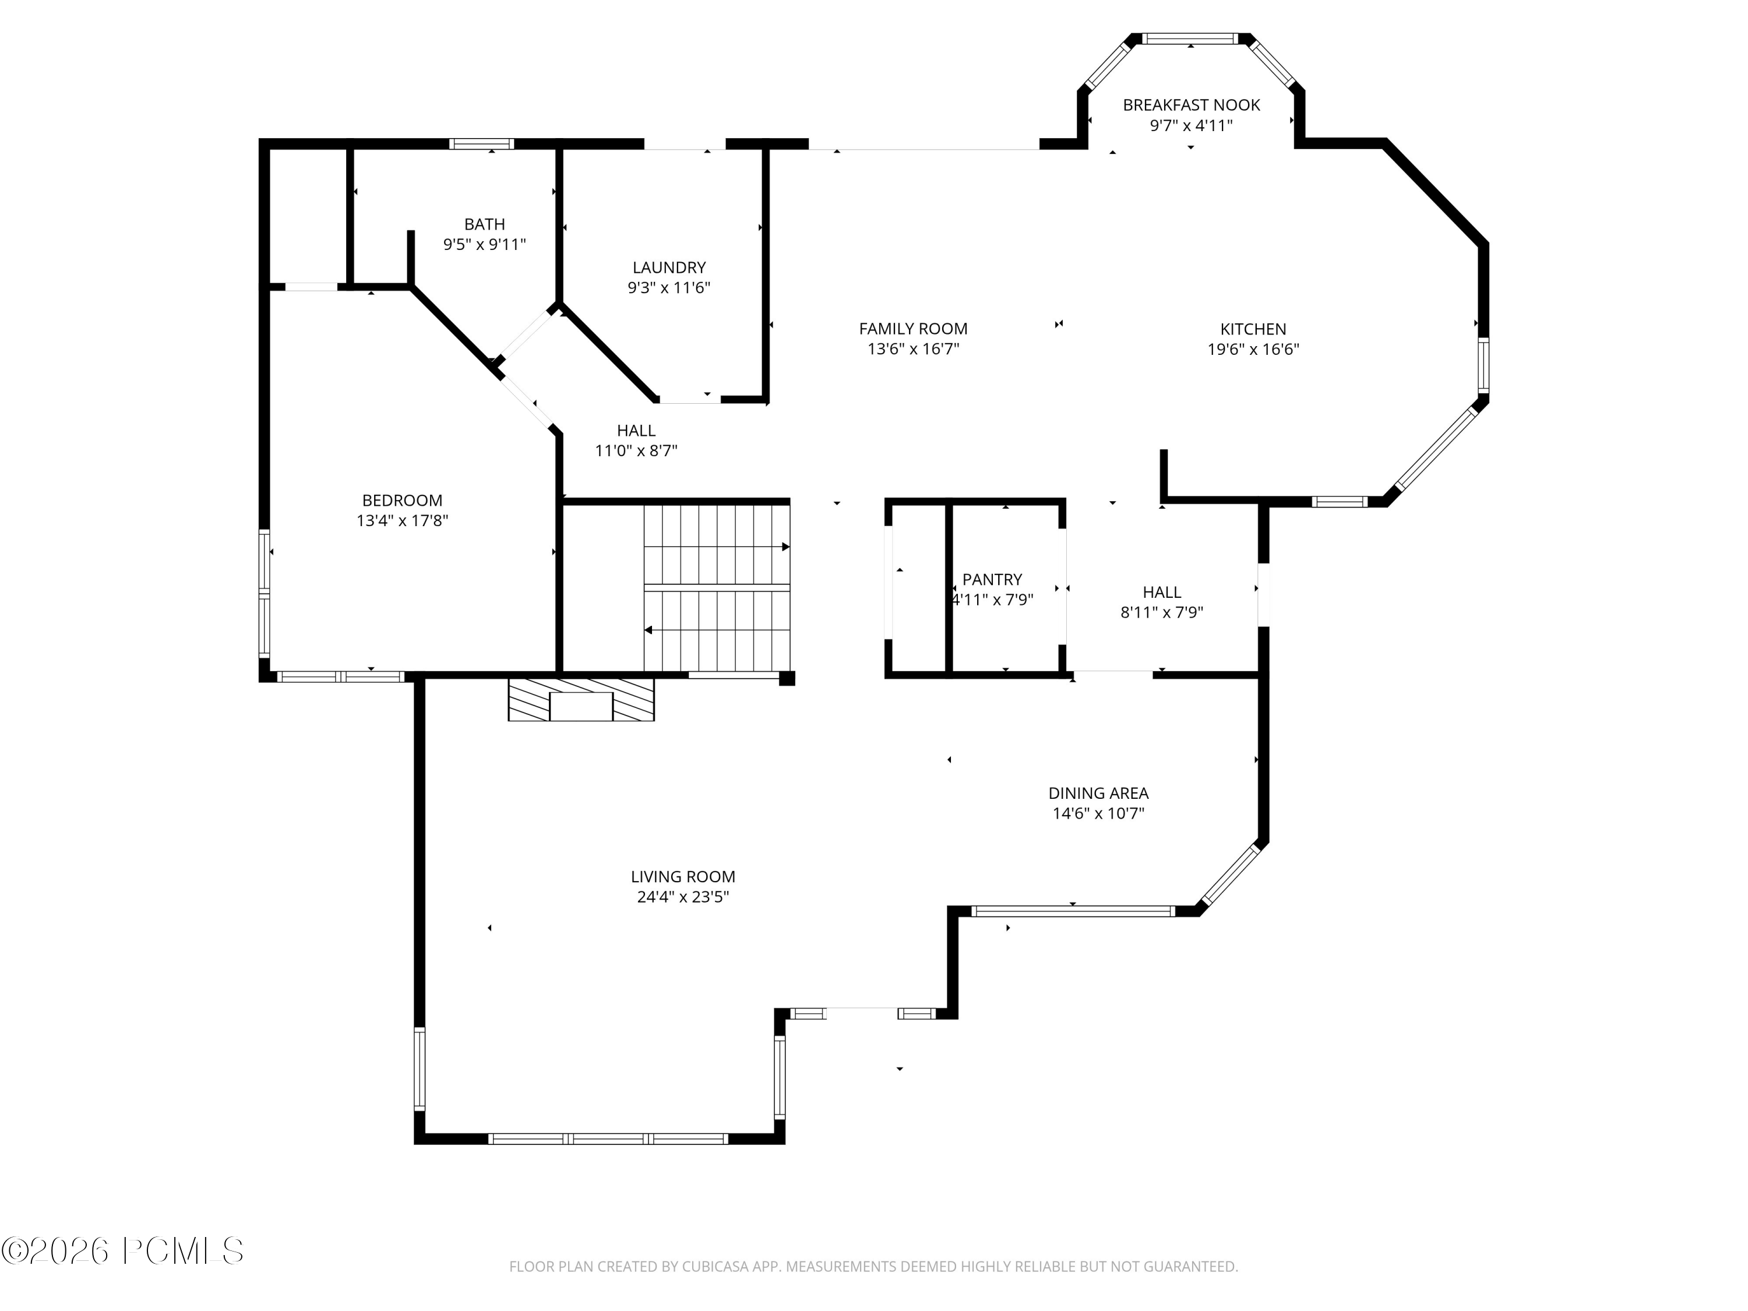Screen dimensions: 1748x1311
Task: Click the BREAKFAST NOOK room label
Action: click(1191, 105)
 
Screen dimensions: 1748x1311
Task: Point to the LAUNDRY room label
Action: click(668, 268)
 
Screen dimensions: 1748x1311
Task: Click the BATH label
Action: click(484, 224)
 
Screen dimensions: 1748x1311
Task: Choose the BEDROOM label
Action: click(402, 500)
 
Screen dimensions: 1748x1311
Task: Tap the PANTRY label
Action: click(992, 579)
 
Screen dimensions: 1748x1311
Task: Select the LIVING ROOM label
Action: click(683, 876)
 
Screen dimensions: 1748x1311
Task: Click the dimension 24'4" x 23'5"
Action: click(683, 897)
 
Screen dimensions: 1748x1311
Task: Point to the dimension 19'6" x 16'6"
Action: click(1253, 349)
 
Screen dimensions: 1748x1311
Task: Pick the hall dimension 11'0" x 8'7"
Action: click(636, 451)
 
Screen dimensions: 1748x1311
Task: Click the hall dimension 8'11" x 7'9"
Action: click(1162, 612)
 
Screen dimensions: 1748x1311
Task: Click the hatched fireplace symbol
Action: click(581, 699)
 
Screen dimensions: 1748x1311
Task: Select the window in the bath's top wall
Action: click(482, 144)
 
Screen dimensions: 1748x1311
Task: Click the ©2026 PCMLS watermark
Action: click(122, 1251)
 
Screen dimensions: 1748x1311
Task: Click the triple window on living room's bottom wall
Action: click(608, 1139)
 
